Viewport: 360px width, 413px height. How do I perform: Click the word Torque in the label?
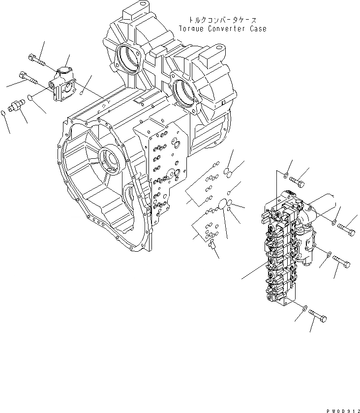194,29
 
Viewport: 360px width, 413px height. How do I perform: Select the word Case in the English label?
258,29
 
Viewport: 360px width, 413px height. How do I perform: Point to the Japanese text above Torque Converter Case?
223,20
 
